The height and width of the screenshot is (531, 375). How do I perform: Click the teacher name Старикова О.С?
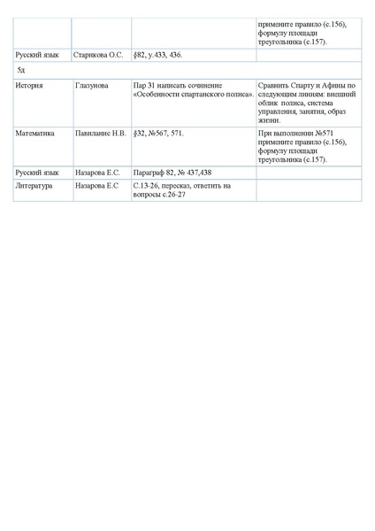98,55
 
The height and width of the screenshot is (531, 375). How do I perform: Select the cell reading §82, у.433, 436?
157,55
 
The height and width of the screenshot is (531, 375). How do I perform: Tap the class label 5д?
21,69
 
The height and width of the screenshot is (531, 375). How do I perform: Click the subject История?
31,85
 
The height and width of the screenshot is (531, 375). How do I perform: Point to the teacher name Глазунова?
93,85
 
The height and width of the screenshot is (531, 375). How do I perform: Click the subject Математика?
36,134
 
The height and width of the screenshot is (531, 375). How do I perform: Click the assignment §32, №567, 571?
159,134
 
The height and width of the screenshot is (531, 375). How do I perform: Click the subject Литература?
36,186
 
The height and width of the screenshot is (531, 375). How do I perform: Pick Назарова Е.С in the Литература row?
97,186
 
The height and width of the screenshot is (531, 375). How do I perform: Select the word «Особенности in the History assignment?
158,94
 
